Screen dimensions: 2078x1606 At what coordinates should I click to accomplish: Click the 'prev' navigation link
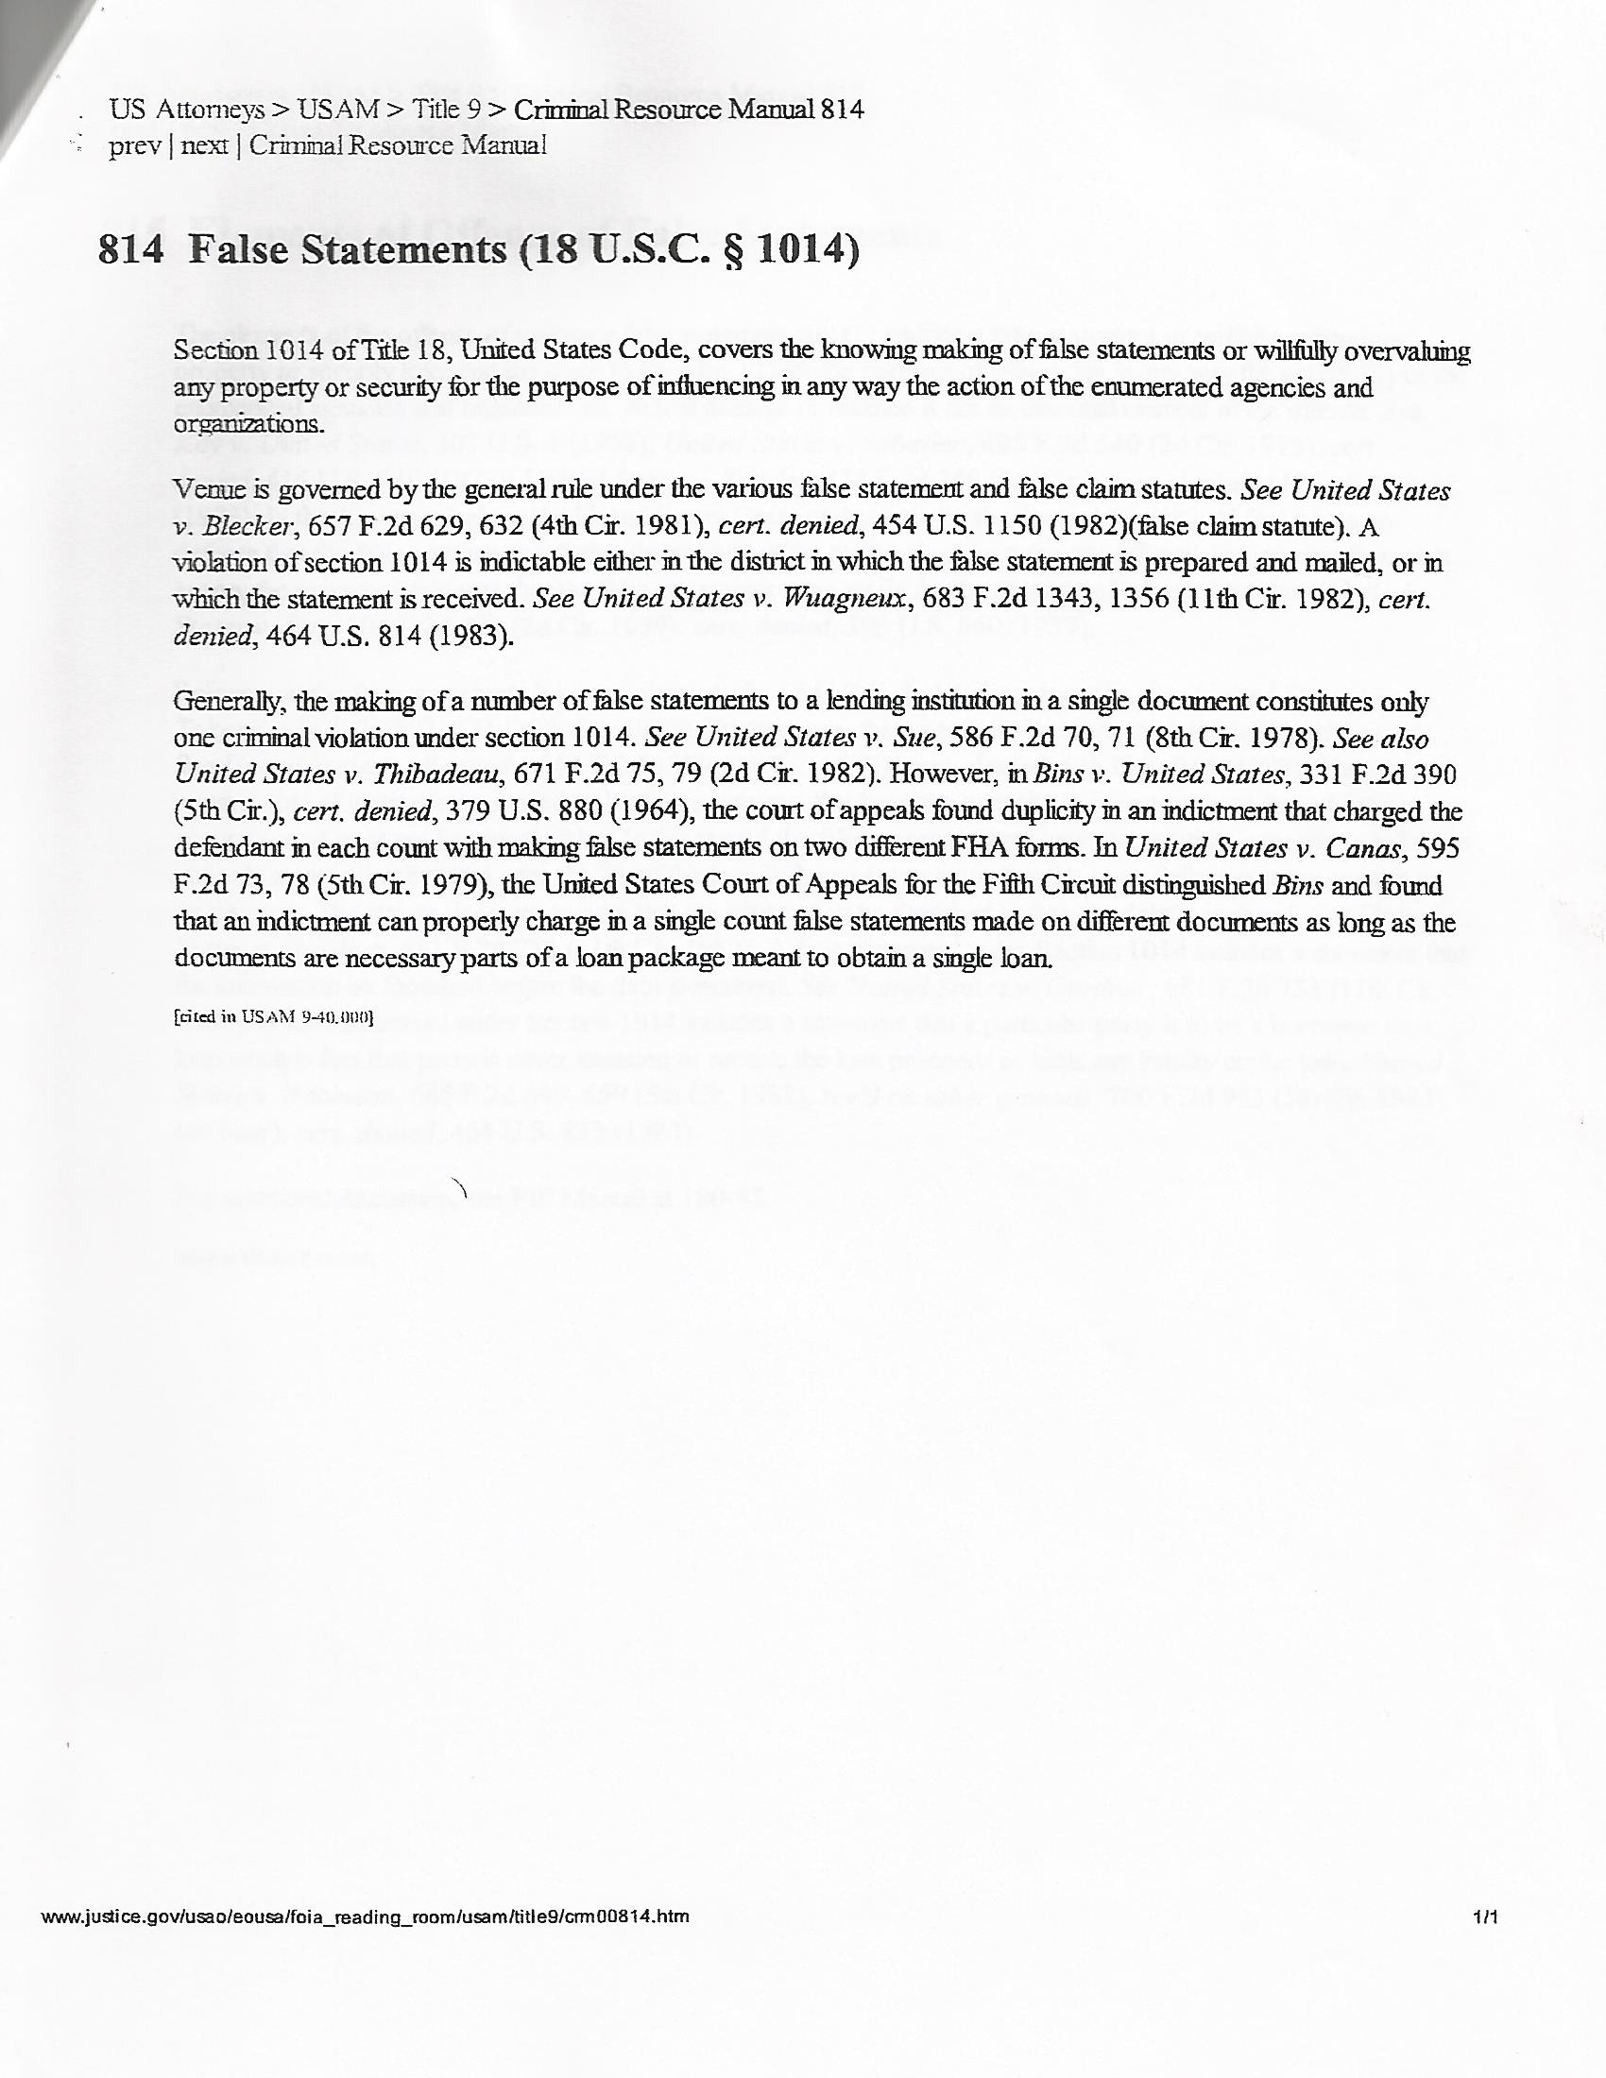pyautogui.click(x=133, y=146)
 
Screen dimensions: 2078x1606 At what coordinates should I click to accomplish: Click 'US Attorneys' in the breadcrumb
pyautogui.click(x=186, y=110)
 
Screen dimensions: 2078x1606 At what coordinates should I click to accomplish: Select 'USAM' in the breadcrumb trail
pyautogui.click(x=338, y=110)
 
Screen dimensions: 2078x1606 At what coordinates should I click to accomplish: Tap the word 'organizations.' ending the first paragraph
pyautogui.click(x=248, y=423)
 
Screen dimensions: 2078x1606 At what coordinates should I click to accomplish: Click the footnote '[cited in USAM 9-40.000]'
pyautogui.click(x=274, y=1017)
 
